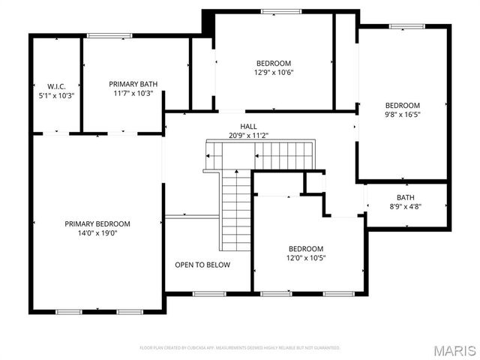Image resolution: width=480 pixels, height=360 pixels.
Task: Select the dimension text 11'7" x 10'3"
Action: (x=133, y=94)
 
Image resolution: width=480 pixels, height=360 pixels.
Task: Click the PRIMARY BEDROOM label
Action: (x=97, y=223)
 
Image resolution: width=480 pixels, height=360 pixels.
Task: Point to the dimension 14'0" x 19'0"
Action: (x=97, y=233)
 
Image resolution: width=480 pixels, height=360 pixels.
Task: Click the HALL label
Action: (x=248, y=126)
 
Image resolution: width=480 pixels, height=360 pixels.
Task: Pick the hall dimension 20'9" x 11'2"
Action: (x=248, y=136)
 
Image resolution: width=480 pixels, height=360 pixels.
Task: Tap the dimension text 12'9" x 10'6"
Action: (x=274, y=73)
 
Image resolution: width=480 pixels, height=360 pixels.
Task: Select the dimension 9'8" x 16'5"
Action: (x=403, y=115)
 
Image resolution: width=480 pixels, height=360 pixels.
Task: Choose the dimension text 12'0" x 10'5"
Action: (x=306, y=258)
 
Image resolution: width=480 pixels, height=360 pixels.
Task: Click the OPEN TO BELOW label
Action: (x=202, y=265)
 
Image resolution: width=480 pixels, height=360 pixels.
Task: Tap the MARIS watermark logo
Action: (x=454, y=351)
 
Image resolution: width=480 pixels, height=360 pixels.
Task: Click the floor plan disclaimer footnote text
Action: (x=240, y=348)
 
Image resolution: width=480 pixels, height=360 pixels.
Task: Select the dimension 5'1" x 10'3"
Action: (x=56, y=95)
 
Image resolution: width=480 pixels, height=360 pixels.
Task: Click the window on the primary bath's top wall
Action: (x=99, y=36)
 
